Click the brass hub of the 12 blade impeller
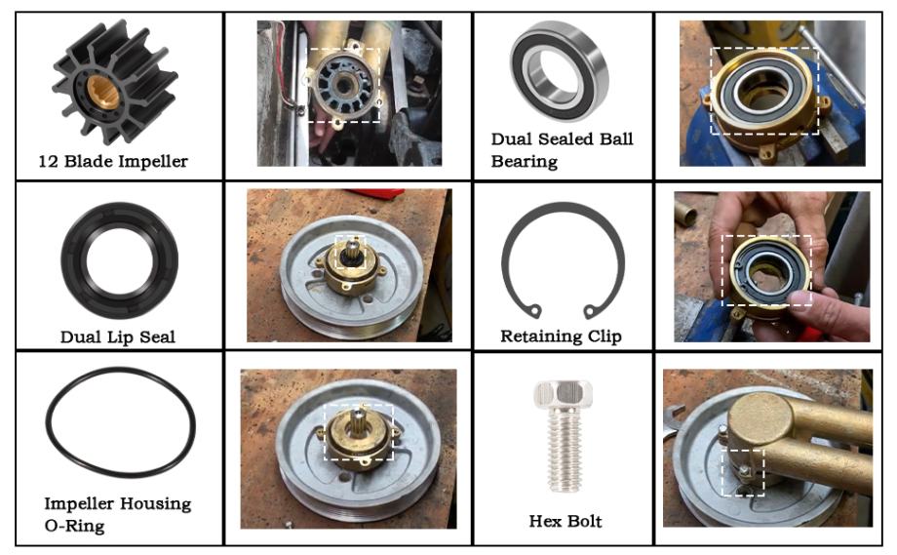pyautogui.click(x=103, y=92)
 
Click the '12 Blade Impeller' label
pyautogui.click(x=113, y=161)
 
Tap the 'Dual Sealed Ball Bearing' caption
pyautogui.click(x=562, y=150)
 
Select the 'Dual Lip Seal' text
pyautogui.click(x=118, y=337)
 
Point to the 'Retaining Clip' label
pyautogui.click(x=562, y=336)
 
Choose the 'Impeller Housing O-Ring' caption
pyautogui.click(x=118, y=514)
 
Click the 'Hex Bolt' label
pyautogui.click(x=565, y=521)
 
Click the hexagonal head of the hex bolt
pyautogui.click(x=564, y=394)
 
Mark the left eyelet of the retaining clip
pyautogui.click(x=535, y=311)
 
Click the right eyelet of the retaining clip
pyautogui.click(x=589, y=311)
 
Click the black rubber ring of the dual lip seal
pyautogui.click(x=74, y=260)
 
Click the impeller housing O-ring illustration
pyautogui.click(x=48, y=423)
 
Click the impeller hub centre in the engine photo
pyautogui.click(x=344, y=86)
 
